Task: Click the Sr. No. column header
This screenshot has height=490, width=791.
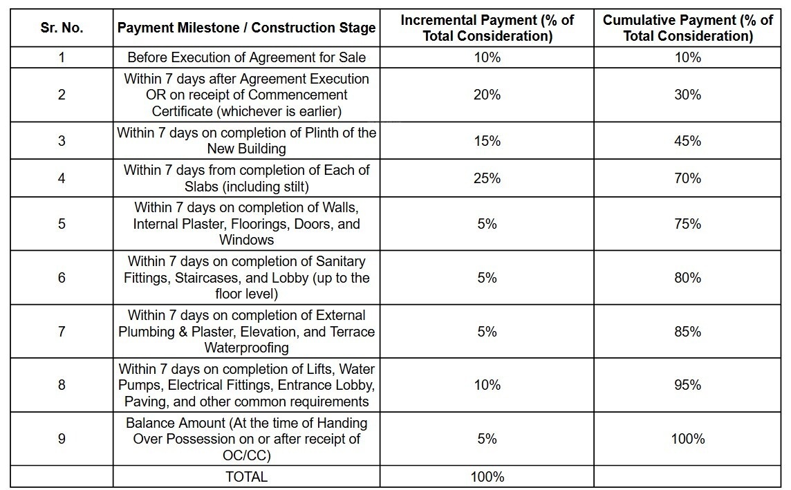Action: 62,28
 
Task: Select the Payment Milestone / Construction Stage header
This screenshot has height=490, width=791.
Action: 246,28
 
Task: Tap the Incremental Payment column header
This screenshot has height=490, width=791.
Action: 487,28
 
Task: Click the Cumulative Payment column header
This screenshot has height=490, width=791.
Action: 687,28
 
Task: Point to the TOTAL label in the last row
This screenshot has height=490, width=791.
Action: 246,476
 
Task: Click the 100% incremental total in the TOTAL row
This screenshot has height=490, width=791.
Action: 487,476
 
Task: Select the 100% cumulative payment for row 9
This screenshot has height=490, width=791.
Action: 687,439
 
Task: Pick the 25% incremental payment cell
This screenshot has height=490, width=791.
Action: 487,178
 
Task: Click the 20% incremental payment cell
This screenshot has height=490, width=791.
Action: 487,95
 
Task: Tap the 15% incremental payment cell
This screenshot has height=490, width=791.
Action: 487,140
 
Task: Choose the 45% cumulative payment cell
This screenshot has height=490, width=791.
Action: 687,140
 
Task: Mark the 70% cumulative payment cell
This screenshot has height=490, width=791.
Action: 687,178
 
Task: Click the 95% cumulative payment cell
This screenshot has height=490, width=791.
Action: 687,385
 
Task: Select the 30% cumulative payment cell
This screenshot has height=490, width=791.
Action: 687,95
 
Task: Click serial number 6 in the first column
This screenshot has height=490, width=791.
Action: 62,278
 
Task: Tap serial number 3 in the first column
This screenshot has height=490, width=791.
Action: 62,140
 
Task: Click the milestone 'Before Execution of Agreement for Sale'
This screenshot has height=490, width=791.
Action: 246,57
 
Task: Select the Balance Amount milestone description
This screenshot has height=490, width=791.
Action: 246,439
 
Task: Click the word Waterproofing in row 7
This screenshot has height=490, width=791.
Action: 246,347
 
